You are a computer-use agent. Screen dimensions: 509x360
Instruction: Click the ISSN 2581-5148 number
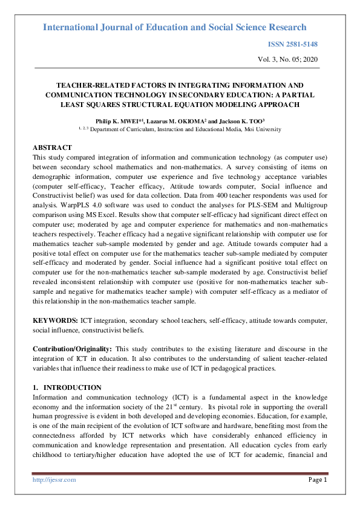(292, 45)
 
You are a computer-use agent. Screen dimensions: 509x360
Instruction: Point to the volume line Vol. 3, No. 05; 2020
(288, 59)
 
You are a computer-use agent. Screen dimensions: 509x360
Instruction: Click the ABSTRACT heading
(52, 148)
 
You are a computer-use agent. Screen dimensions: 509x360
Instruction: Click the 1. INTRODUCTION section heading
(67, 387)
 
